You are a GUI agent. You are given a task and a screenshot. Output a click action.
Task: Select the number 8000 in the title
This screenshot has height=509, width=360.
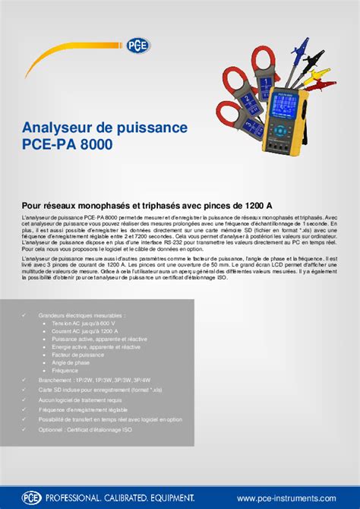[x=99, y=144]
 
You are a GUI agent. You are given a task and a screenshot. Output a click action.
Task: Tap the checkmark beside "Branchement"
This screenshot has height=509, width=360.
[x=24, y=378]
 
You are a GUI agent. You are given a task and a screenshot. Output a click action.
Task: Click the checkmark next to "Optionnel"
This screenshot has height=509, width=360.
[x=24, y=429]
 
